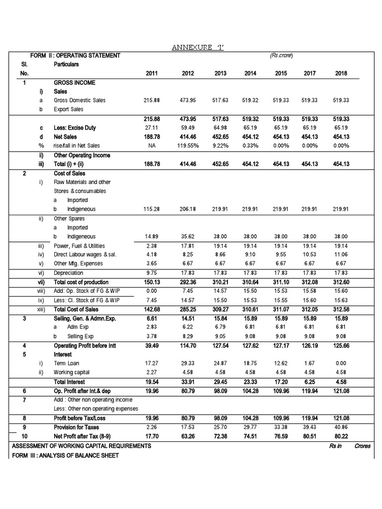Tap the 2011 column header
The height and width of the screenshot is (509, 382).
pyautogui.click(x=152, y=73)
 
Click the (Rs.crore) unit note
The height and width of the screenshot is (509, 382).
pyautogui.click(x=282, y=56)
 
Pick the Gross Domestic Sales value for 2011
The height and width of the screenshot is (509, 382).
pyautogui.click(x=152, y=100)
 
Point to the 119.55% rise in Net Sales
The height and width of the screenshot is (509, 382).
pyautogui.click(x=187, y=146)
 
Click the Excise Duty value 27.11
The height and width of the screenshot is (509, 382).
pyautogui.click(x=152, y=128)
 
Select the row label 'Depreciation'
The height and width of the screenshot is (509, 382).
pyautogui.click(x=68, y=273)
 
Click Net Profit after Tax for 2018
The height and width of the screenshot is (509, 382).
pyautogui.click(x=341, y=436)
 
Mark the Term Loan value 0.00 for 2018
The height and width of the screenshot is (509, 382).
pyautogui.click(x=341, y=364)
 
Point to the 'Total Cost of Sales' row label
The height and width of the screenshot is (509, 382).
pyautogui.click(x=76, y=309)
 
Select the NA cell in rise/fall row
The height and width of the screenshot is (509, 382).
pyautogui.click(x=152, y=146)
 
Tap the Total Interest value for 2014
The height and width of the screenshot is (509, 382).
pyautogui.click(x=251, y=382)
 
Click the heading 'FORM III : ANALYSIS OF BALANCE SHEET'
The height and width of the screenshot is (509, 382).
pyautogui.click(x=66, y=455)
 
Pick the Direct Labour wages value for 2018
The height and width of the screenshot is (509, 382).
pyautogui.click(x=341, y=254)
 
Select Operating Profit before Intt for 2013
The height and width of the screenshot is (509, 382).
pyautogui.click(x=220, y=345)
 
